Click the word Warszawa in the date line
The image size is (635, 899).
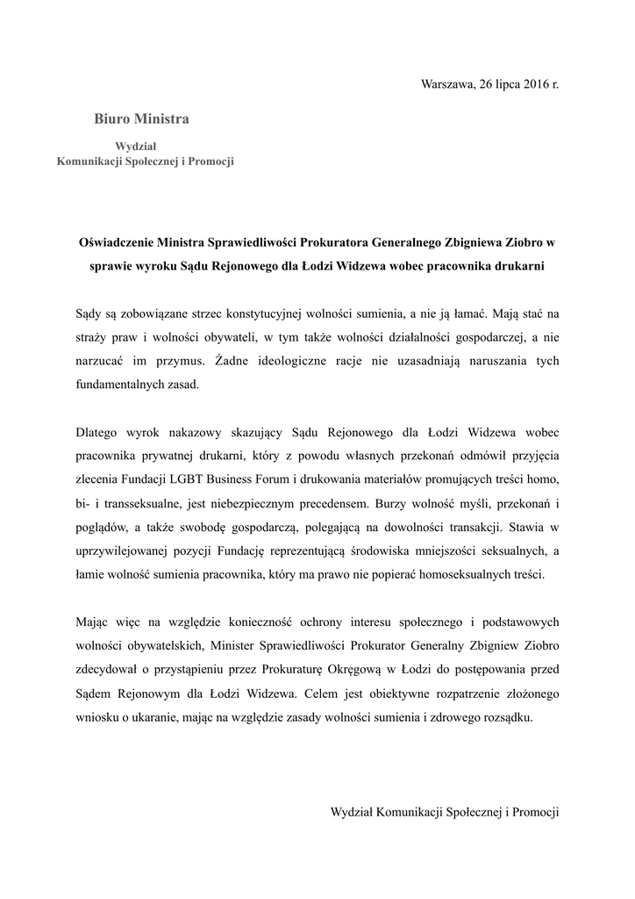point(448,84)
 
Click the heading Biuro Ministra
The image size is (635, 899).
point(141,118)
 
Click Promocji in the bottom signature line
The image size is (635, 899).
point(537,813)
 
